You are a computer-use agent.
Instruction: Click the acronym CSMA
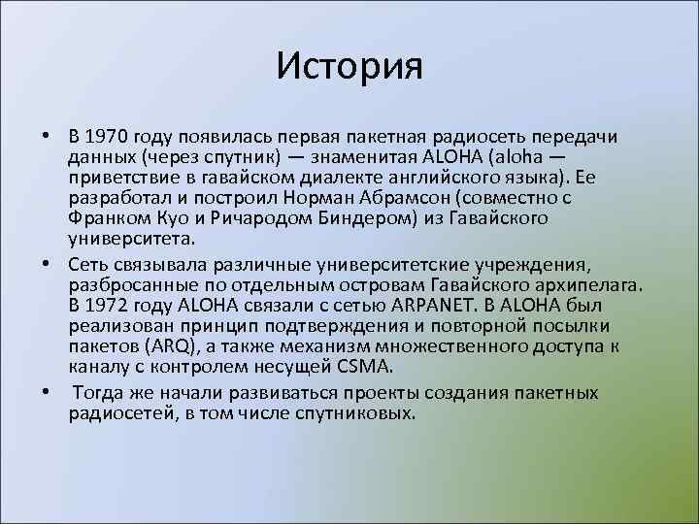364,366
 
